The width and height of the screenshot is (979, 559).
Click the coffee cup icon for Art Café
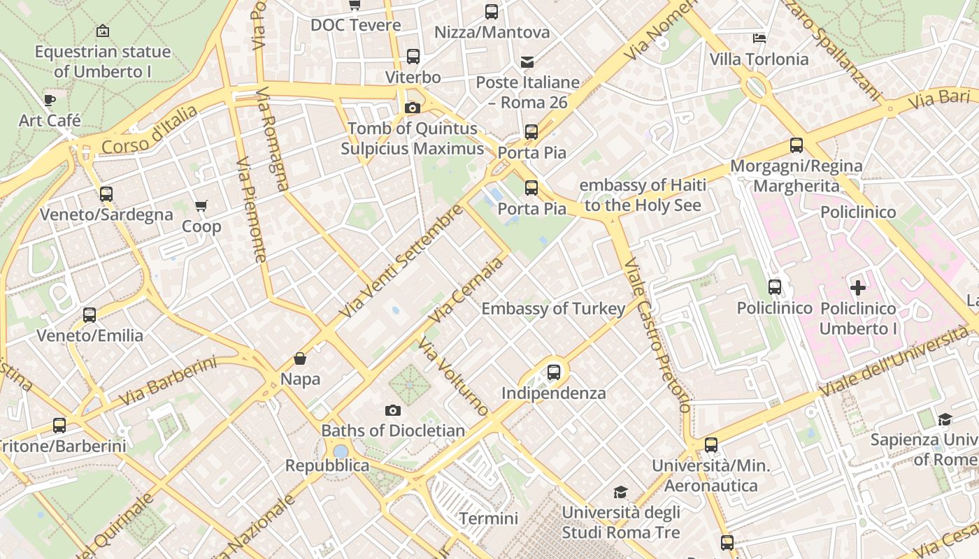coord(50,101)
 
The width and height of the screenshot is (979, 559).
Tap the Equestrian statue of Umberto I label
coord(102,61)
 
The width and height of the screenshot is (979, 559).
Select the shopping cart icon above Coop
coord(201,206)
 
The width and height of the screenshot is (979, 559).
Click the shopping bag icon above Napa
coord(300,359)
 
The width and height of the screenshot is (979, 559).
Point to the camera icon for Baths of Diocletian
coord(393,410)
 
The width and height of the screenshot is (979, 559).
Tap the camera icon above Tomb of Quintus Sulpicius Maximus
coord(413,108)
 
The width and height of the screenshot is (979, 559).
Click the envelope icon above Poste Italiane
coord(527,63)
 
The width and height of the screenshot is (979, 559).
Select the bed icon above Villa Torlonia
coord(759,38)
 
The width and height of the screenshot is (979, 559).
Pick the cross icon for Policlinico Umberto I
coord(858,288)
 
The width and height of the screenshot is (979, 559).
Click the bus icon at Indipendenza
coord(554,372)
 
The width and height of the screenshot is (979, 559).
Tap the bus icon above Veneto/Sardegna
coord(106,194)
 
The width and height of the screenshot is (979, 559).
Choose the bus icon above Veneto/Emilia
coord(90,315)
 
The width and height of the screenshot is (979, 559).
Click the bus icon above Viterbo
coord(413,57)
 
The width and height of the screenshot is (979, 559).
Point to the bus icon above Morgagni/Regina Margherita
coord(796,145)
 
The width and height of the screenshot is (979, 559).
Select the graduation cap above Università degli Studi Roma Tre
coord(620,493)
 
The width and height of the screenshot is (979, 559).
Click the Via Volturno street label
coord(453,377)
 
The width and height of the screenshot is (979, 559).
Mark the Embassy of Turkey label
coord(553,309)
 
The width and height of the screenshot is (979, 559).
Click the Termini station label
coord(489,518)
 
